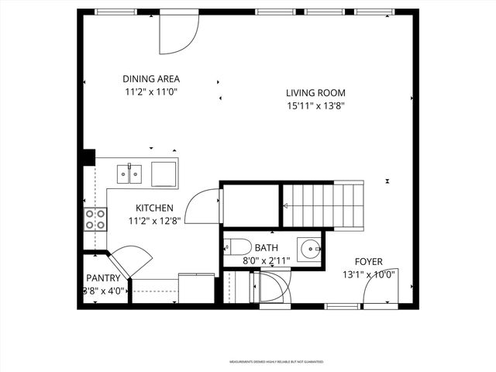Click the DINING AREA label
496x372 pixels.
click(x=151, y=78)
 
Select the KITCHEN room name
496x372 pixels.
click(x=154, y=208)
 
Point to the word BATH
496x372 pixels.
click(x=266, y=248)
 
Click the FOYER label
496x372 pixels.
click(x=368, y=262)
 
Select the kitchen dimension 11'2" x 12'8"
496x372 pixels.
click(x=154, y=221)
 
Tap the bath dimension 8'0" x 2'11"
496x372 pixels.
click(x=266, y=260)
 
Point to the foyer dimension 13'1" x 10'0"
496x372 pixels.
click(x=368, y=274)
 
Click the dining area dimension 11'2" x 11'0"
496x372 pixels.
click(x=151, y=91)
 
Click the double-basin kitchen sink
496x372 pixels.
click(x=129, y=174)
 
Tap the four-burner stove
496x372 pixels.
click(x=95, y=219)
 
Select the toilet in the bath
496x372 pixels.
click(x=238, y=247)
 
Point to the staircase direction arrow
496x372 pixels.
click(x=285, y=205)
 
